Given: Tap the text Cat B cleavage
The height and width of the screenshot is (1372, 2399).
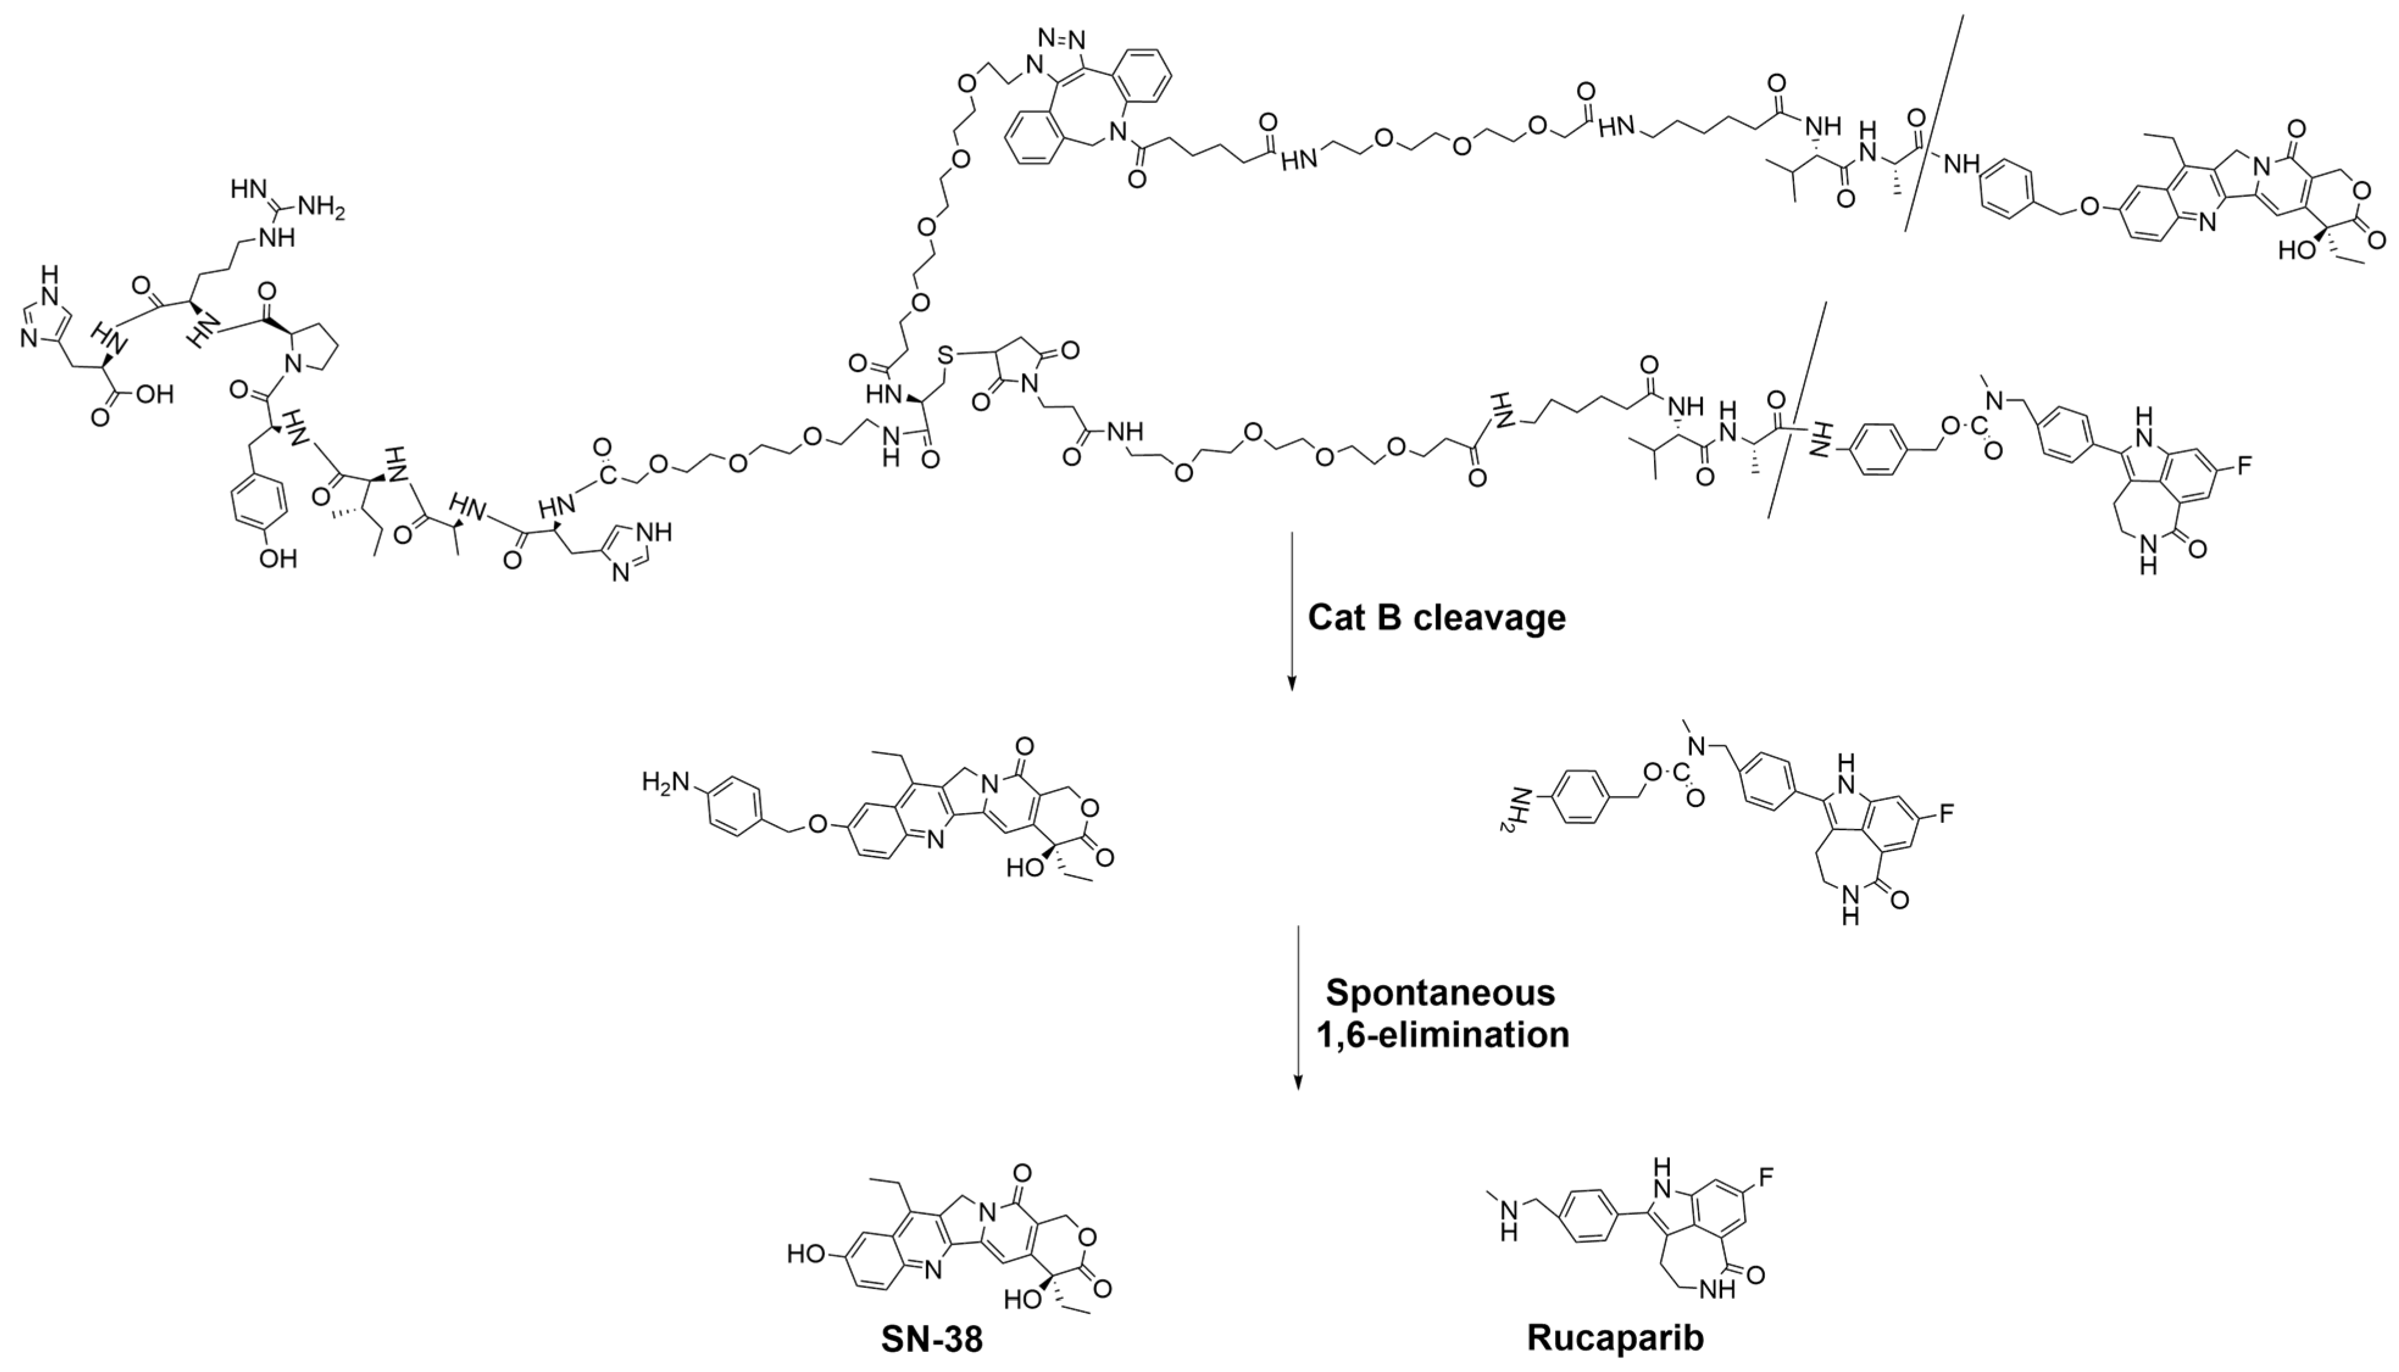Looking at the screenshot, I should pos(1436,618).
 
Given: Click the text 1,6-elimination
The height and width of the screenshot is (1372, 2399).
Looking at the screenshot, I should pos(1442,1035).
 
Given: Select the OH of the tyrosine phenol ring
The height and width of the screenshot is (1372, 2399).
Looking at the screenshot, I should pos(278,559).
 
